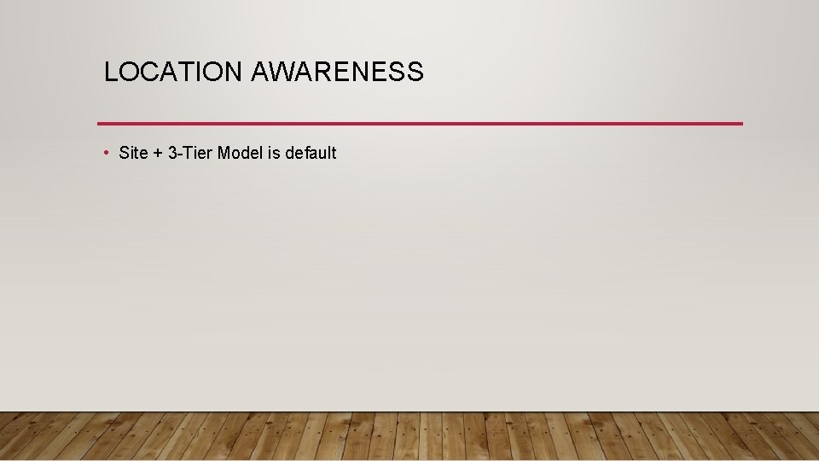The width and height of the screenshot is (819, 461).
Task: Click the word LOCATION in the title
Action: (x=173, y=73)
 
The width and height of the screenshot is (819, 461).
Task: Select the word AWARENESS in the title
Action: (x=337, y=73)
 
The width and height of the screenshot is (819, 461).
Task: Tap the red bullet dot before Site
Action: (x=105, y=153)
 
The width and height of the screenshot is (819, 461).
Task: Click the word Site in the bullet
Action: (x=134, y=154)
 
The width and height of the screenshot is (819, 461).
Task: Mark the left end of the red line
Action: (x=99, y=124)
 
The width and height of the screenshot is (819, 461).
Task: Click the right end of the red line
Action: (x=741, y=124)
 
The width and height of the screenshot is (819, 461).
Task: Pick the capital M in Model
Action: (x=224, y=154)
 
